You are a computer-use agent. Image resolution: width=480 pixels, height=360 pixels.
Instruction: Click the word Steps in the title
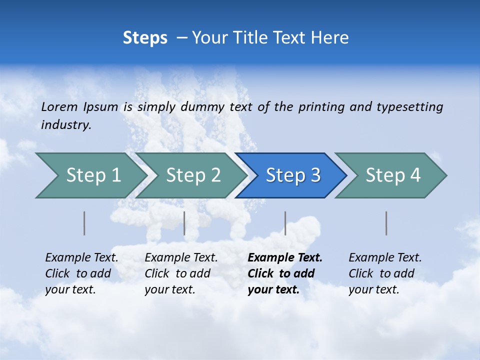(145, 38)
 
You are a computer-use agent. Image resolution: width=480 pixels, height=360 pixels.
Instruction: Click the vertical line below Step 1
(84, 223)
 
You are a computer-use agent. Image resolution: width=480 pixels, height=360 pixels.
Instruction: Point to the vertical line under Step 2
(184, 223)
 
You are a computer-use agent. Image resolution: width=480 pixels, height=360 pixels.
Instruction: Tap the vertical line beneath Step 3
(285, 223)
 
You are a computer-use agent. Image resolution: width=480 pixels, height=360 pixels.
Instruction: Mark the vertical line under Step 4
(386, 223)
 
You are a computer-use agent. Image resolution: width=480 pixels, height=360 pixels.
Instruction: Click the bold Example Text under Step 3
(285, 258)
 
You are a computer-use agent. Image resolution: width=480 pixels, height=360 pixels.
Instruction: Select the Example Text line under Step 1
(81, 258)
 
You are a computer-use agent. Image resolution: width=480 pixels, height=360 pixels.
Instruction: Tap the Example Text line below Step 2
(181, 258)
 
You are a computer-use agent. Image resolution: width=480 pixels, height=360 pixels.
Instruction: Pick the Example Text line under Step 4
(385, 258)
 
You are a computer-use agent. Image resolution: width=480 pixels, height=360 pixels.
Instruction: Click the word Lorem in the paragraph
(59, 106)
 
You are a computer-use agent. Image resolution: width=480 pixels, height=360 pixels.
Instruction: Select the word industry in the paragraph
(66, 125)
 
